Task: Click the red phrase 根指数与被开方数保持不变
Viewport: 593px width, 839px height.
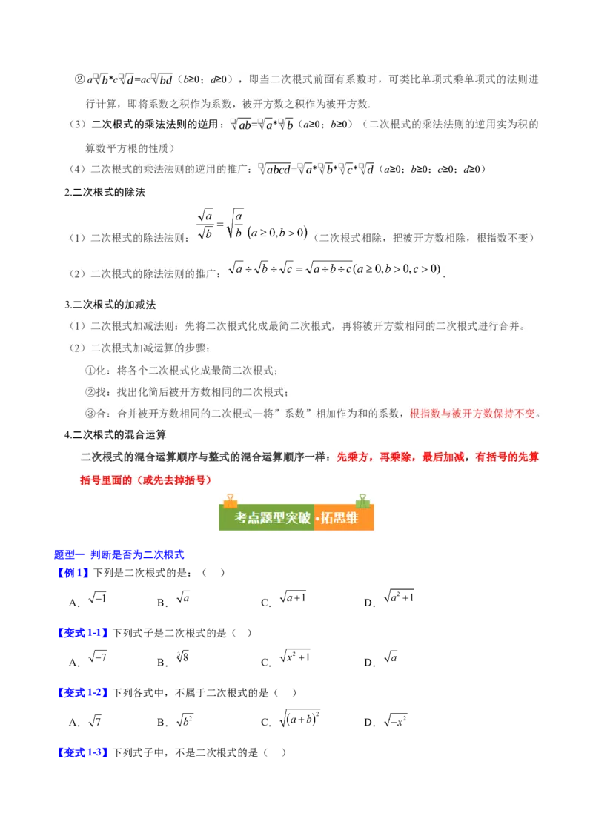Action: coord(475,414)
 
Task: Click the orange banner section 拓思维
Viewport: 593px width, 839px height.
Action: coord(339,518)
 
